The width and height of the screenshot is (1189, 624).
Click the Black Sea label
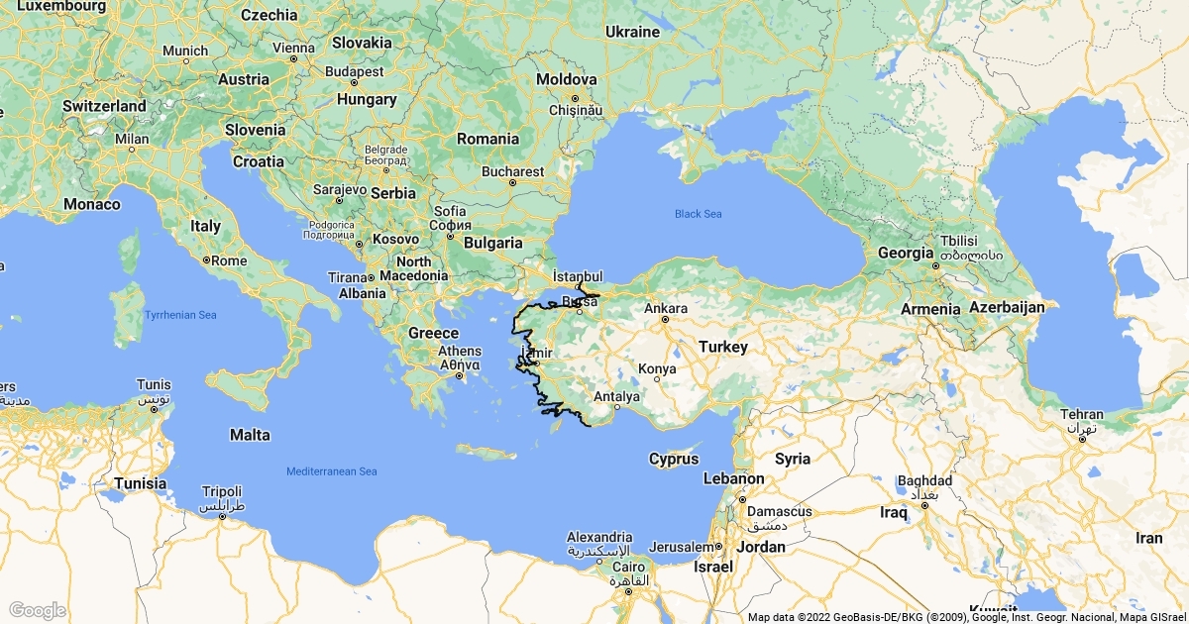[699, 214]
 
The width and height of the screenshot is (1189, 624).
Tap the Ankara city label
[666, 308]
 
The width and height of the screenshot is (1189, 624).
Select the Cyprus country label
[674, 459]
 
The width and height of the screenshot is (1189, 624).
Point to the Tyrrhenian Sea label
[180, 315]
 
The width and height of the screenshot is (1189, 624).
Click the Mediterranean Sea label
[332, 471]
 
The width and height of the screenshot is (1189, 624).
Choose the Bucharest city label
[512, 171]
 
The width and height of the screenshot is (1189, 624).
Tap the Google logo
[37, 610]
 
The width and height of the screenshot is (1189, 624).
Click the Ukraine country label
[632, 32]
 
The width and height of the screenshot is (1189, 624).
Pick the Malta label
[250, 435]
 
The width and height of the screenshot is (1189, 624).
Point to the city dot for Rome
[205, 260]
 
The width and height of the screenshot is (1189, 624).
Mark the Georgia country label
[906, 253]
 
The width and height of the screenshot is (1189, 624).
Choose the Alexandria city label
[599, 537]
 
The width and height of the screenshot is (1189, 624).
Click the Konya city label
[657, 368]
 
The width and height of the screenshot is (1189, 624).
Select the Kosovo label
[396, 240]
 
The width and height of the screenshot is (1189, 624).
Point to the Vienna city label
[293, 47]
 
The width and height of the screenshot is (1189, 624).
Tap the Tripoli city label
[221, 491]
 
